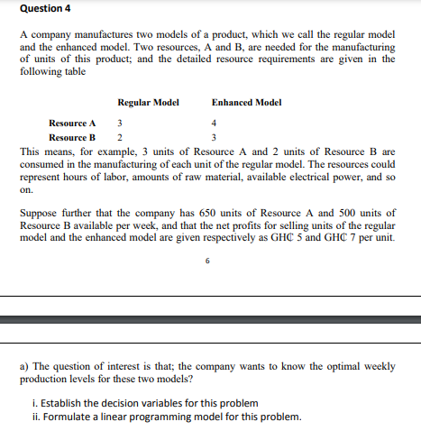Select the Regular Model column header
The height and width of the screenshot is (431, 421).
148,103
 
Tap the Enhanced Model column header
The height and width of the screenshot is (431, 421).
246,103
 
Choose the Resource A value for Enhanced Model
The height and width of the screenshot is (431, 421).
214,123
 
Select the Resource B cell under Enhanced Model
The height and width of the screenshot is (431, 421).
214,137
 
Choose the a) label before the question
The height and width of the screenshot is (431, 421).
24,367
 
